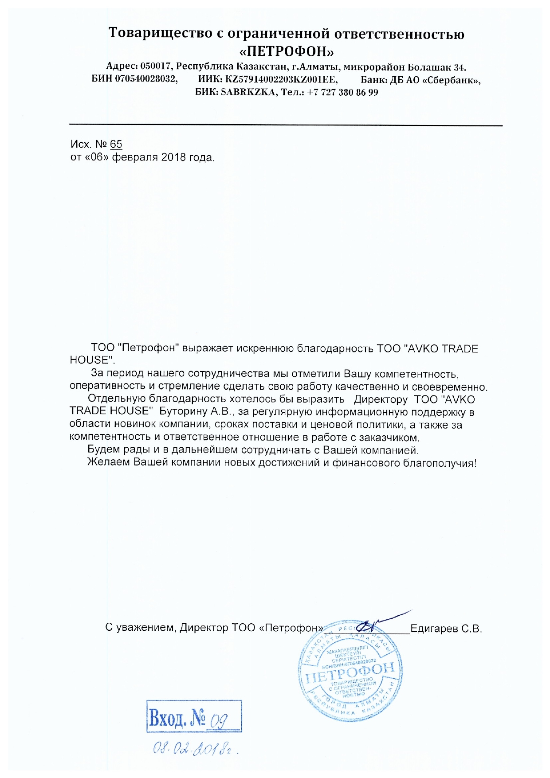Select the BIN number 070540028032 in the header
(x=146, y=80)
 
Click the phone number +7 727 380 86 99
(x=342, y=93)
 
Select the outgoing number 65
(x=116, y=144)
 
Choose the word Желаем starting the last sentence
(x=109, y=462)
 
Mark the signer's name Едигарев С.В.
(x=446, y=629)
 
